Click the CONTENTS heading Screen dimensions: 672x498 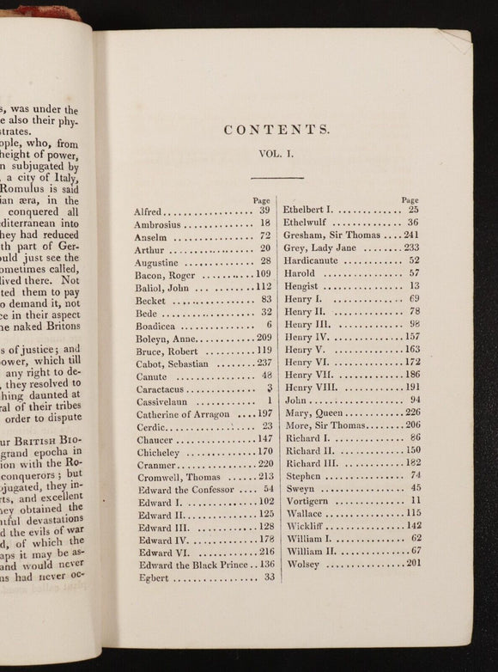pyautogui.click(x=276, y=130)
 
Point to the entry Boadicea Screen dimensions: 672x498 pyautogui.click(x=158, y=327)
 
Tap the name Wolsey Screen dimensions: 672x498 pyautogui.click(x=303, y=565)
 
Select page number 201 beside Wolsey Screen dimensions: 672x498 pyautogui.click(x=413, y=565)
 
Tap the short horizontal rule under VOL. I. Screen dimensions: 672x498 pyautogui.click(x=277, y=177)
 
